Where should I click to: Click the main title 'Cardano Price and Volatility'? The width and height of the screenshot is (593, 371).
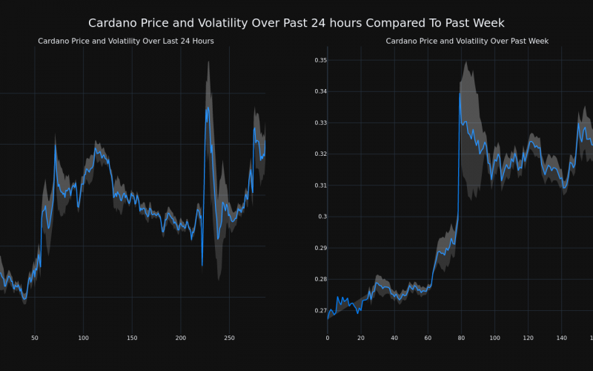[296, 23]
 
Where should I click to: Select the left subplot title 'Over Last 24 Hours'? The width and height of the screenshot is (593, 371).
[126, 41]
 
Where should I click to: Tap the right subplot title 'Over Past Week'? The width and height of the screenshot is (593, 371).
[467, 41]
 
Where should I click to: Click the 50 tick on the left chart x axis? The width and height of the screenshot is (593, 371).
[34, 338]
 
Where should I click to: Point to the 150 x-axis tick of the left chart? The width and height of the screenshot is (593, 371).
[132, 338]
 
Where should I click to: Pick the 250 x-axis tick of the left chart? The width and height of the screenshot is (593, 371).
[229, 338]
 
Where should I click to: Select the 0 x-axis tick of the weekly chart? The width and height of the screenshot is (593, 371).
[328, 338]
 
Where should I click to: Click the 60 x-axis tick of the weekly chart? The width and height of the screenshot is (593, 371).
[428, 338]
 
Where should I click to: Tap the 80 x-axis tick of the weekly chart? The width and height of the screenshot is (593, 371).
[461, 338]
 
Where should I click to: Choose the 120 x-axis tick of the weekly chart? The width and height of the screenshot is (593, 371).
[528, 338]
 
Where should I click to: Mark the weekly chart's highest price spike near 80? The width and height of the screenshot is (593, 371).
[460, 93]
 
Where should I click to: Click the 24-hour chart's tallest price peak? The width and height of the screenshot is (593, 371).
[208, 107]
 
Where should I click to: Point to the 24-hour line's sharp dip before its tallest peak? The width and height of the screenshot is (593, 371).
[202, 265]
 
